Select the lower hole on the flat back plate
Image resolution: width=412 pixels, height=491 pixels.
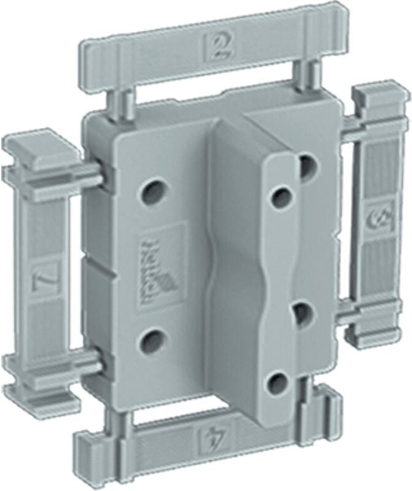tap(153, 338)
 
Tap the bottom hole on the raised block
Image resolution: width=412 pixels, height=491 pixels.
tap(277, 384)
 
